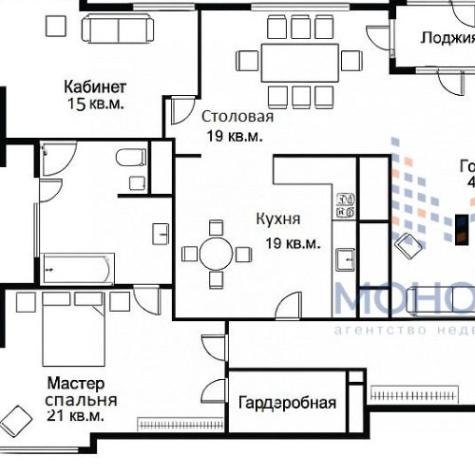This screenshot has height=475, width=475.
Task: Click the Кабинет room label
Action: click(x=94, y=84)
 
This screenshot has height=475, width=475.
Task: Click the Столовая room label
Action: click(x=237, y=117)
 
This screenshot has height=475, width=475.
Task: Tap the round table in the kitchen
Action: click(x=217, y=254)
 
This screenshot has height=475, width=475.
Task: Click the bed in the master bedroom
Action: click(x=73, y=328)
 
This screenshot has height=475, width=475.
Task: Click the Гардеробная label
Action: click(x=287, y=403)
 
